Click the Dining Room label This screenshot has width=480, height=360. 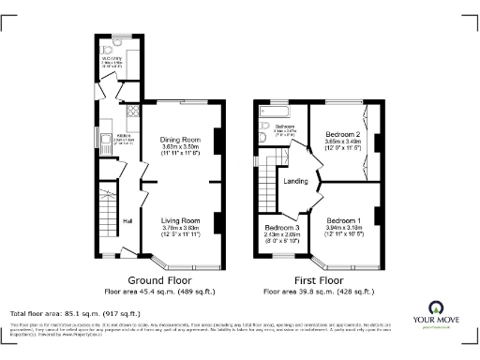(x=182, y=139)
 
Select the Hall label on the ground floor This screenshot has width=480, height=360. (x=126, y=221)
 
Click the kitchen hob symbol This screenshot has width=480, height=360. (x=131, y=110)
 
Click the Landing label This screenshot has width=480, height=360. (x=297, y=181)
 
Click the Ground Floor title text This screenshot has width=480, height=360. (x=156, y=280)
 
